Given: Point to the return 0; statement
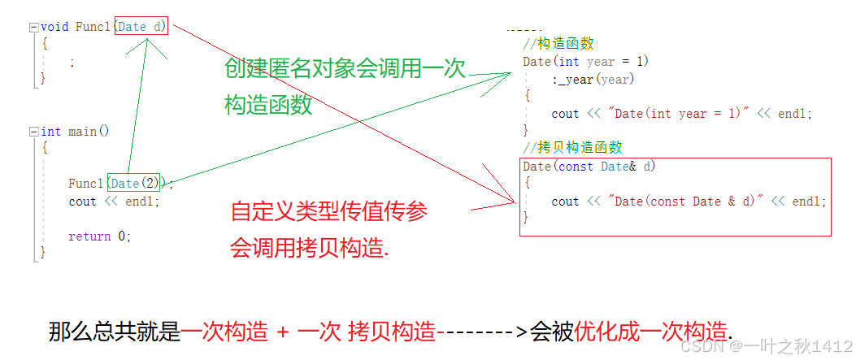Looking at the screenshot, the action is point(99,236).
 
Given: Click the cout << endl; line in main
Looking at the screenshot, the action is point(114,202).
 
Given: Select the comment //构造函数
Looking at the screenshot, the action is point(559,44).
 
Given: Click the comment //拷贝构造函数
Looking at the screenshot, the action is point(573,148).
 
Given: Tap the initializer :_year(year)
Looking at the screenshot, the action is point(593,79).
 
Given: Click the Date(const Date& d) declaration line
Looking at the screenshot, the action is point(589,167).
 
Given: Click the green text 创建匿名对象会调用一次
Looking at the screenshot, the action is point(345,70).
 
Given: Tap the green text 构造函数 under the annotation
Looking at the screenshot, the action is point(268,106).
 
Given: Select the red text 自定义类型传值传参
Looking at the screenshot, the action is point(328,213).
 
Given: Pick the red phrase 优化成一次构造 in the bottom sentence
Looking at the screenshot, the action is point(651,332).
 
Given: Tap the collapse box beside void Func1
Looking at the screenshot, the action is point(33,27).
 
